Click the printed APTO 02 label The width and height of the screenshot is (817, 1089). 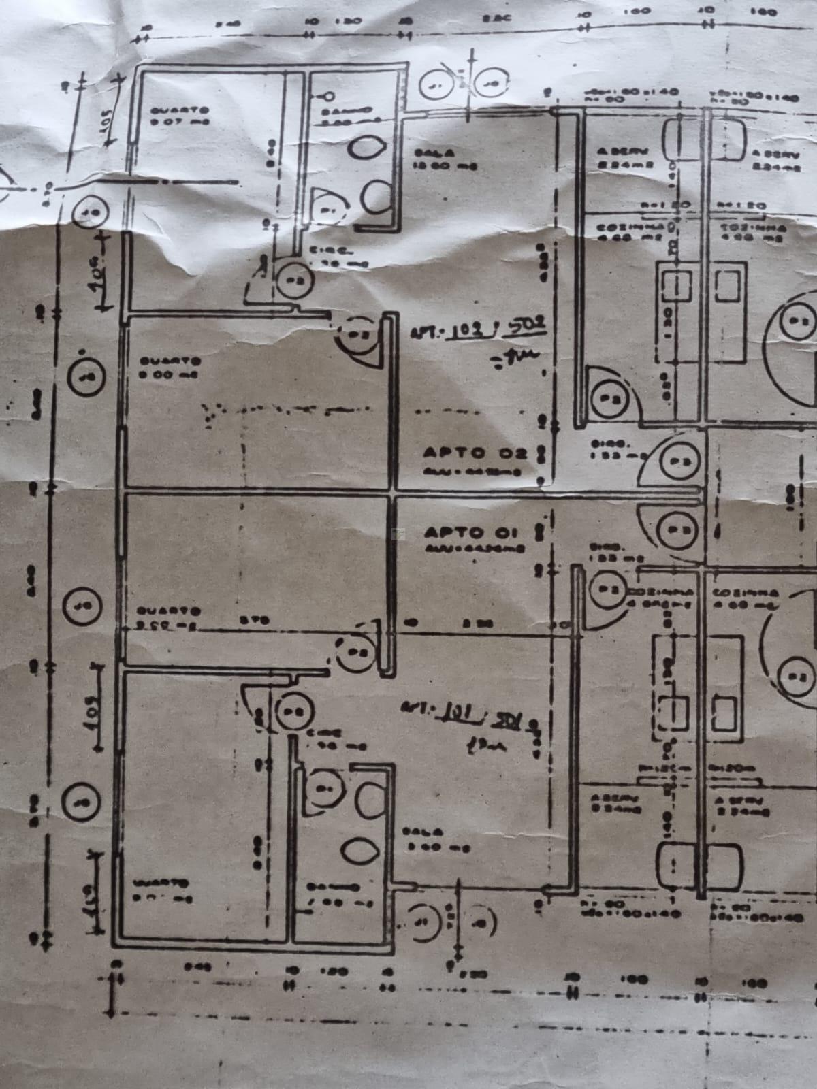pos(475,453)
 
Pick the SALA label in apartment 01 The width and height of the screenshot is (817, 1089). pos(423,832)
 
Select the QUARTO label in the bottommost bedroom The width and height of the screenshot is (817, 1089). pos(161,883)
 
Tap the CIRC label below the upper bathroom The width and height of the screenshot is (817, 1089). pos(322,251)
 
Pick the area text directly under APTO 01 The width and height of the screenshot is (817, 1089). pos(475,547)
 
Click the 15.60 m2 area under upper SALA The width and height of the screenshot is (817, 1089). pos(446,166)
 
